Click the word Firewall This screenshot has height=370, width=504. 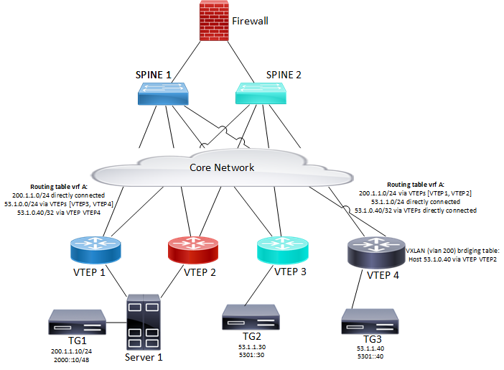pyautogui.click(x=250, y=21)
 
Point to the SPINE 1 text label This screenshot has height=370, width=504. pyautogui.click(x=154, y=74)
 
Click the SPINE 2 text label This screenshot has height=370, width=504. pyautogui.click(x=263, y=74)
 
